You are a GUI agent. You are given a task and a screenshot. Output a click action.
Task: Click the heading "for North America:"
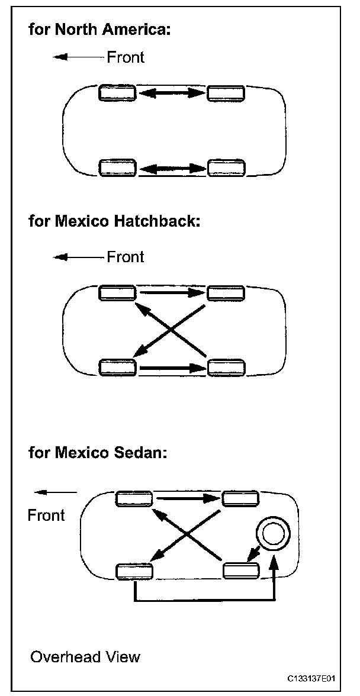pos(99,30)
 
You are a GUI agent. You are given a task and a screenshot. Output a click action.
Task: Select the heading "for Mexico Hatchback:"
pos(115,223)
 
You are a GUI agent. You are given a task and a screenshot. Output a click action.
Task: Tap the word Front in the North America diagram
pos(126,57)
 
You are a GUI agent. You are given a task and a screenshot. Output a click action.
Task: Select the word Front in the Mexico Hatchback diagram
pos(126,257)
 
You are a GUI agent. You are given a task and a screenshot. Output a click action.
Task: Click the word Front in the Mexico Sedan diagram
pos(46,515)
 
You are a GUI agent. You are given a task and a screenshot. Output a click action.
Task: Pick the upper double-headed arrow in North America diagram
pos(172,93)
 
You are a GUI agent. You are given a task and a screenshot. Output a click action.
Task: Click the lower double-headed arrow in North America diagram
pos(172,168)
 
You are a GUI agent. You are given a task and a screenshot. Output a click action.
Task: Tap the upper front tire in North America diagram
pos(117,93)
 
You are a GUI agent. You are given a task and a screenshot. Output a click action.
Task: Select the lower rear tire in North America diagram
pos(226,168)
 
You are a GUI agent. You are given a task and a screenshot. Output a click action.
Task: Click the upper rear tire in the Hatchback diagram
pos(226,292)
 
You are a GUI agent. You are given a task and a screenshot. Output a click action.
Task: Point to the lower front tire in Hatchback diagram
pos(117,367)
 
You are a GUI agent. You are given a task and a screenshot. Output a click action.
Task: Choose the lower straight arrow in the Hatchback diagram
pos(172,368)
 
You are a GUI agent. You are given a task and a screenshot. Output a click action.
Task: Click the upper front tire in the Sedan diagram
pos(134,499)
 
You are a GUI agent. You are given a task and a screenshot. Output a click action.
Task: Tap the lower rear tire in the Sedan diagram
pos(241,571)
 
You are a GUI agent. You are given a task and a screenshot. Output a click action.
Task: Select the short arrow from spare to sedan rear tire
pos(253,553)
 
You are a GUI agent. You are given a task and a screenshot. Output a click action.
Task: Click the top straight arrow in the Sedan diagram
pos(187,498)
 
